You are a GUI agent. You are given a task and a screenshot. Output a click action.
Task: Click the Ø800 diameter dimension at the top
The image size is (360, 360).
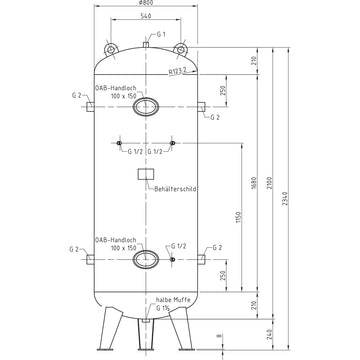tap(147, 7)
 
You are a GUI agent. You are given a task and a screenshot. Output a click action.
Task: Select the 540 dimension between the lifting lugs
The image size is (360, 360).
tap(147, 19)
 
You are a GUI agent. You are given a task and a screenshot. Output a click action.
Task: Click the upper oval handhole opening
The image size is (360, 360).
tap(147, 106)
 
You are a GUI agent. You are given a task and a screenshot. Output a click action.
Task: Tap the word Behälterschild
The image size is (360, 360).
tap(174, 188)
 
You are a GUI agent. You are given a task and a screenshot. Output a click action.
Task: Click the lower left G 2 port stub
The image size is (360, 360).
tap(89, 261)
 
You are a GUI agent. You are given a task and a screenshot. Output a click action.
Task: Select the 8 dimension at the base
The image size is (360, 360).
tap(220, 337)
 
